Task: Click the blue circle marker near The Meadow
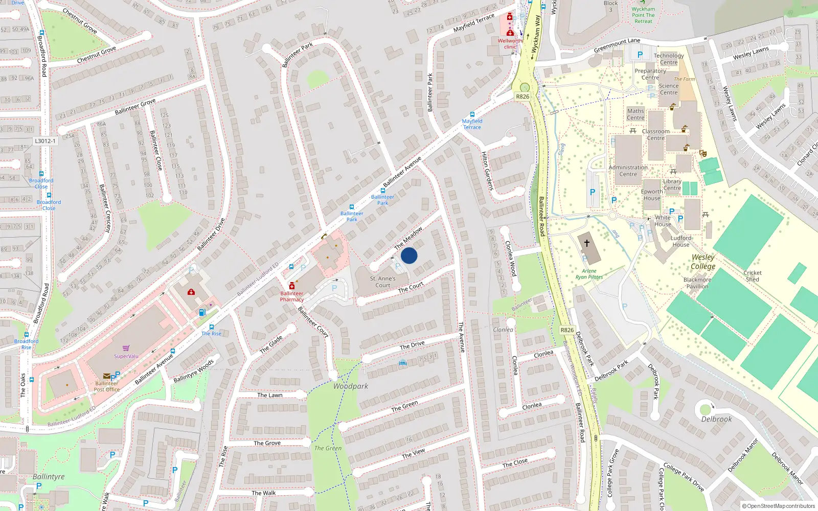(x=409, y=255)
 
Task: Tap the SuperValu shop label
(x=126, y=356)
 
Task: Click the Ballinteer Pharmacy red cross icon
(x=291, y=286)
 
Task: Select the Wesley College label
(x=703, y=262)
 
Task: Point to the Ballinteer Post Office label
(x=107, y=386)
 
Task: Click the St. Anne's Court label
(x=382, y=282)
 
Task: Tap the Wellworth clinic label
(x=510, y=43)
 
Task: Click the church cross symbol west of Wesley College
(x=586, y=243)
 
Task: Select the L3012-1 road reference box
(x=45, y=141)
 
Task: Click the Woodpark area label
(x=350, y=386)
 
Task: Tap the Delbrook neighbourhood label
(x=716, y=419)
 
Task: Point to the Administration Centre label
(x=628, y=171)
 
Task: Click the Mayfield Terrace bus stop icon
(x=472, y=114)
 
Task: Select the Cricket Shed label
(x=752, y=276)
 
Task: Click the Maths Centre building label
(x=635, y=114)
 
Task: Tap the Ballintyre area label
(x=49, y=477)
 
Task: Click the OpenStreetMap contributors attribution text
(x=778, y=506)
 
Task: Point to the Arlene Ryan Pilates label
(x=589, y=274)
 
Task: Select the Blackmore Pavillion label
(x=697, y=283)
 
